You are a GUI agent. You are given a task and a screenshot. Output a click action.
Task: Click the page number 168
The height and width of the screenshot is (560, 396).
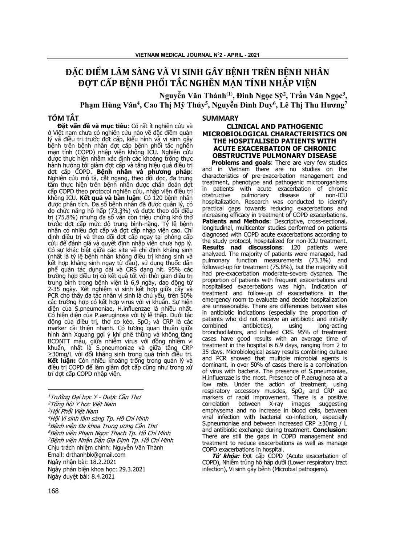(x=53, y=491)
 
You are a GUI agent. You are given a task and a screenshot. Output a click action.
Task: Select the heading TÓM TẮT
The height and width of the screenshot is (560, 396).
(x=63, y=118)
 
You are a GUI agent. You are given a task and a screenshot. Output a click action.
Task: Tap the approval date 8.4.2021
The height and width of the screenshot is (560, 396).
(x=98, y=476)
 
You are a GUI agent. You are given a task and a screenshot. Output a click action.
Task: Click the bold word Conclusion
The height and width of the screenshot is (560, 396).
(x=330, y=430)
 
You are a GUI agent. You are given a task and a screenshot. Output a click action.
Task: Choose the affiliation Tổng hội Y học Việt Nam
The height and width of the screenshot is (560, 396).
(x=83, y=404)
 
